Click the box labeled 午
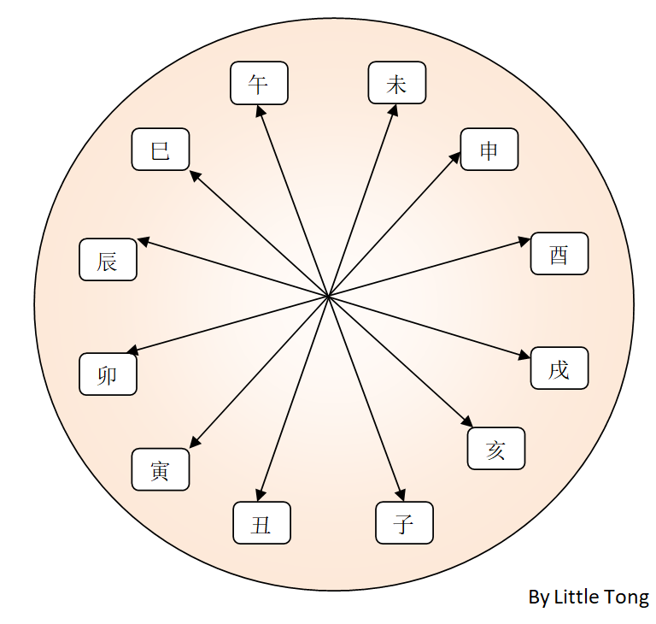coord(259,84)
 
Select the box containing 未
coord(396,84)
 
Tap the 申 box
coord(489,150)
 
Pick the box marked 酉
coord(559,254)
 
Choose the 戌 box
coord(559,368)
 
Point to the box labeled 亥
coord(496,449)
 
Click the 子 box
coord(404,523)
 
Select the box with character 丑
coord(261,523)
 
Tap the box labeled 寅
coord(160,469)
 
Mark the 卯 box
coord(108,374)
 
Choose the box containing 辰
coord(108,260)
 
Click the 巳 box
coord(160,150)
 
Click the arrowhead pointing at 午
coord(260,109)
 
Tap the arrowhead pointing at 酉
coord(525,242)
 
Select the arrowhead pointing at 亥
coord(468,422)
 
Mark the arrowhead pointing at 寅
coord(194,442)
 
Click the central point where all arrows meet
coord(329,296)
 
